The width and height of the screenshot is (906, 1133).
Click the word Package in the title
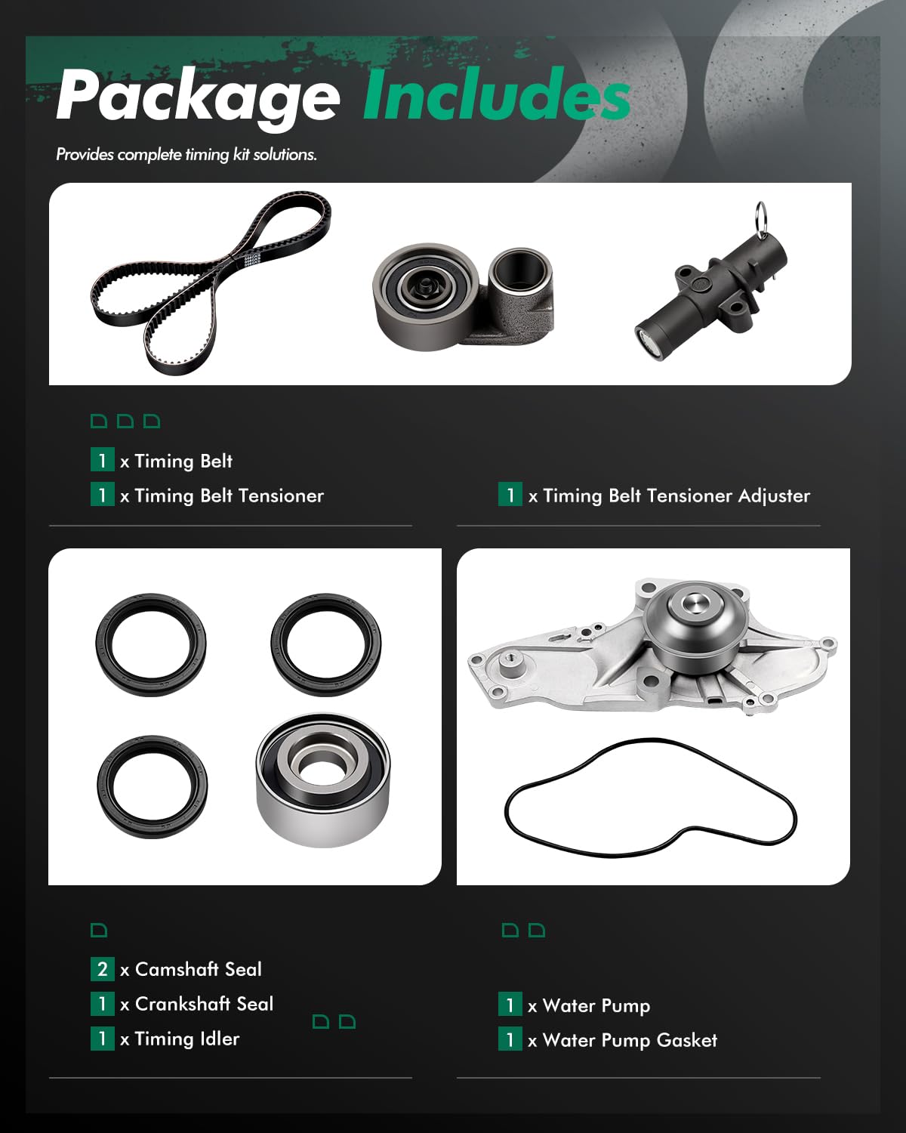pyautogui.click(x=198, y=97)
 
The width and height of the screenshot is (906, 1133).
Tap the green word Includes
pyautogui.click(x=496, y=95)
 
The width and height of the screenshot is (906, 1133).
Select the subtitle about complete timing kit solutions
pyautogui.click(x=186, y=155)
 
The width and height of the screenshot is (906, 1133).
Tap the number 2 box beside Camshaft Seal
pyautogui.click(x=102, y=969)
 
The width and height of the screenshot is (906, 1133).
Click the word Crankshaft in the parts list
pyautogui.click(x=172, y=1004)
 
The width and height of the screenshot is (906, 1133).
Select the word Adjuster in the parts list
pyautogui.click(x=773, y=496)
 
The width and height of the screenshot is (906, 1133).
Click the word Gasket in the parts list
pyautogui.click(x=686, y=1041)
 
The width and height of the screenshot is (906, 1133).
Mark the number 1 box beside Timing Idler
pyautogui.click(x=102, y=1039)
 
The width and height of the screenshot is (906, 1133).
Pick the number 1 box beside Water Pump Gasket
pyautogui.click(x=510, y=1040)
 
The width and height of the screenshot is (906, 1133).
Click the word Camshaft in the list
pyautogui.click(x=176, y=969)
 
